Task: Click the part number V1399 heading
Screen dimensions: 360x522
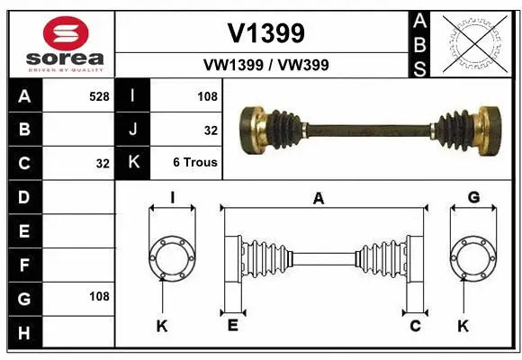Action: (x=265, y=33)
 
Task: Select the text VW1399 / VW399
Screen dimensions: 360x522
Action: (x=265, y=65)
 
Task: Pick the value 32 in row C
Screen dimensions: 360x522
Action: (x=103, y=164)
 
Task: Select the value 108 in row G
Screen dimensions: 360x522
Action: (x=99, y=296)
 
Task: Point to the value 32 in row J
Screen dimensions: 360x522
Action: (x=211, y=130)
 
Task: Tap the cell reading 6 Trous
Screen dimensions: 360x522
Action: (x=196, y=164)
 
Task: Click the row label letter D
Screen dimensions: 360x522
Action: (x=24, y=196)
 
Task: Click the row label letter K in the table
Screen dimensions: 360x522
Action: (x=133, y=164)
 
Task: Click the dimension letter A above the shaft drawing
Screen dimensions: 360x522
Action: (x=318, y=199)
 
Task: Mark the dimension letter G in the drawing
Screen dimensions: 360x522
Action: (x=473, y=198)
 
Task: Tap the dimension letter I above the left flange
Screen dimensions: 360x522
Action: (x=172, y=198)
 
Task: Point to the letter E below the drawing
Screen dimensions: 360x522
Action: (x=232, y=326)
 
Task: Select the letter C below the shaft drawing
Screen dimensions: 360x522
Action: (x=415, y=326)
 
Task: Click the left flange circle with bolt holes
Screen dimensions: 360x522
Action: (x=172, y=260)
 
